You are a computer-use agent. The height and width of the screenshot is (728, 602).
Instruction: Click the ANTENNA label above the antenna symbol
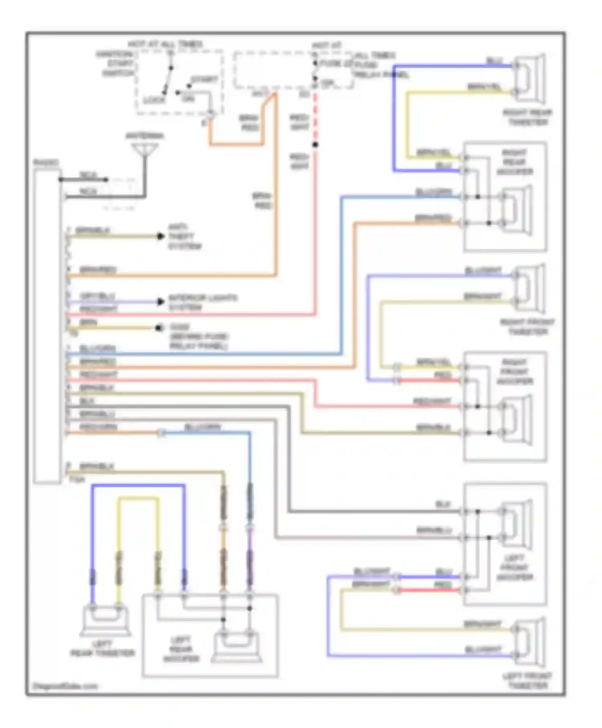[x=144, y=136]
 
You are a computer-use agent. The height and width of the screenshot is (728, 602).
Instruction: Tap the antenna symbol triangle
[x=145, y=150]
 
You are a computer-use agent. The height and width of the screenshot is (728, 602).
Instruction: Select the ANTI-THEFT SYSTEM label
[x=184, y=237]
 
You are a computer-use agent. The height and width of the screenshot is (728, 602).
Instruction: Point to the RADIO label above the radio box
[x=46, y=163]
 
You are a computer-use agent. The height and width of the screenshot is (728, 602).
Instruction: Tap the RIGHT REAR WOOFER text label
[x=515, y=162]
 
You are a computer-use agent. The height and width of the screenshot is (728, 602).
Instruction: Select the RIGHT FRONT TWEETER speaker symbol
[x=529, y=288]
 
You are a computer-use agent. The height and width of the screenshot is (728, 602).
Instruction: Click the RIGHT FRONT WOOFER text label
[x=515, y=372]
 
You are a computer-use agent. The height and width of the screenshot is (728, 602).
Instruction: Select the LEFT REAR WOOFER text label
[x=181, y=649]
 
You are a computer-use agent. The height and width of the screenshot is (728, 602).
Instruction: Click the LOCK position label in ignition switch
[x=154, y=100]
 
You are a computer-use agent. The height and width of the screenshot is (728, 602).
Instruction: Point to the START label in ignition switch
[x=204, y=79]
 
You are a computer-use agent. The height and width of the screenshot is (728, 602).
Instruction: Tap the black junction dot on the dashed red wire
[x=315, y=144]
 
